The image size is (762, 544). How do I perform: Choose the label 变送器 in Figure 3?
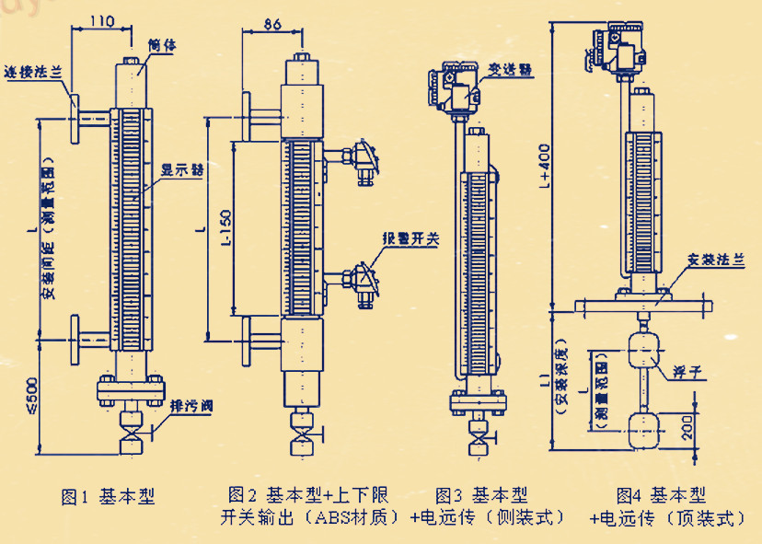tap(513, 69)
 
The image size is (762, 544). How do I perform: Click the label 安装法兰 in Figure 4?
tap(716, 260)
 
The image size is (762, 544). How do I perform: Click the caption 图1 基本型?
tap(108, 498)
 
